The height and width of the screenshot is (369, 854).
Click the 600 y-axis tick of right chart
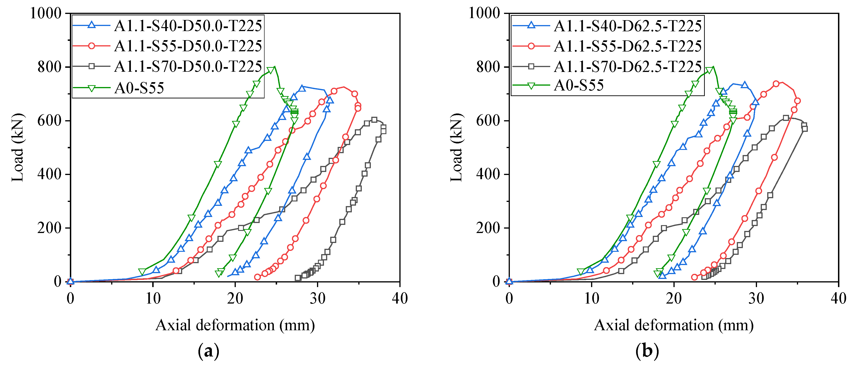[x=488, y=121]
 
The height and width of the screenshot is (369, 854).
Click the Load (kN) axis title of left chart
[x=18, y=148]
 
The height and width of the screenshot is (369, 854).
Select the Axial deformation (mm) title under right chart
[x=674, y=325]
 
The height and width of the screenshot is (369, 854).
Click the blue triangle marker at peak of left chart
[x=302, y=88]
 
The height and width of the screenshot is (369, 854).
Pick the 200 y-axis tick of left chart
[x=49, y=228]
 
